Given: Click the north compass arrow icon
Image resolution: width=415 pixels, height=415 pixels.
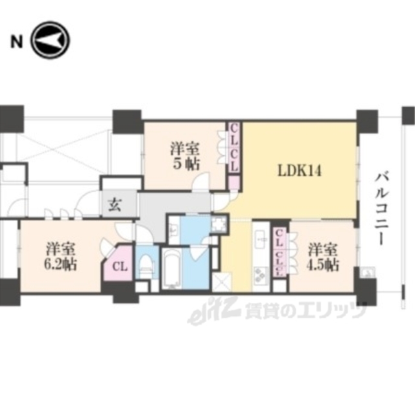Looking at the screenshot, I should tap(51, 41).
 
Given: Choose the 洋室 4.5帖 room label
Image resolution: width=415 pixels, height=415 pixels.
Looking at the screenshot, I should tap(322, 256).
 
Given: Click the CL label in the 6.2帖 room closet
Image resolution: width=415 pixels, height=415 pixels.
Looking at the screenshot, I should tap(119, 266).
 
